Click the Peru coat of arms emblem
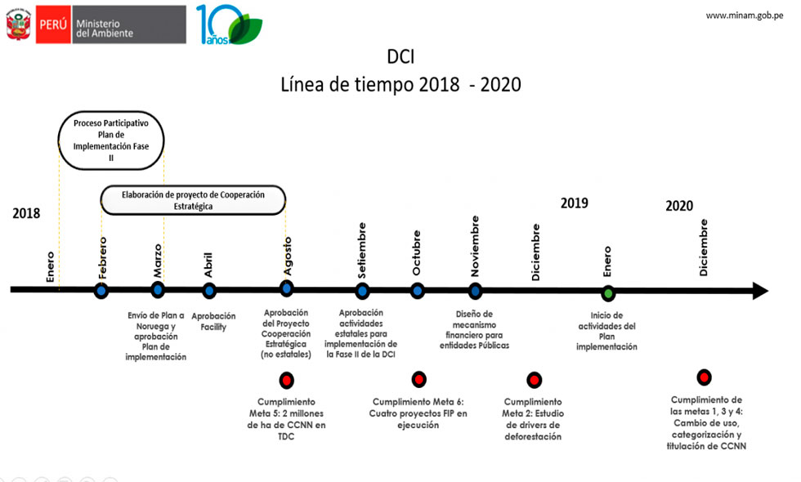tap(18, 24)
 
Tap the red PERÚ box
tap(53, 24)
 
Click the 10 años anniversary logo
tap(229, 25)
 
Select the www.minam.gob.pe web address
tap(745, 16)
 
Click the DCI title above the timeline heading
tap(400, 56)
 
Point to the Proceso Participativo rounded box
tap(111, 141)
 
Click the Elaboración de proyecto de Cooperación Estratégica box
tap(193, 200)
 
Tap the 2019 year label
tap(574, 203)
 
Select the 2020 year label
tap(679, 206)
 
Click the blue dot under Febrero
tap(101, 291)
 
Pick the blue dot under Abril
tap(209, 291)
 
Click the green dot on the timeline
tap(608, 293)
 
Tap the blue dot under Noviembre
tap(475, 291)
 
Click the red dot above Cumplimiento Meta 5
tap(286, 380)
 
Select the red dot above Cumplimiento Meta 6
tap(418, 379)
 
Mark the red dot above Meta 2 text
tap(534, 379)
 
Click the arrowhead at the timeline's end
tap(761, 291)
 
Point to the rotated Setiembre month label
tap(361, 250)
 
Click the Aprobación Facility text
tap(213, 321)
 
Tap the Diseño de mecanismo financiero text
tap(474, 330)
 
